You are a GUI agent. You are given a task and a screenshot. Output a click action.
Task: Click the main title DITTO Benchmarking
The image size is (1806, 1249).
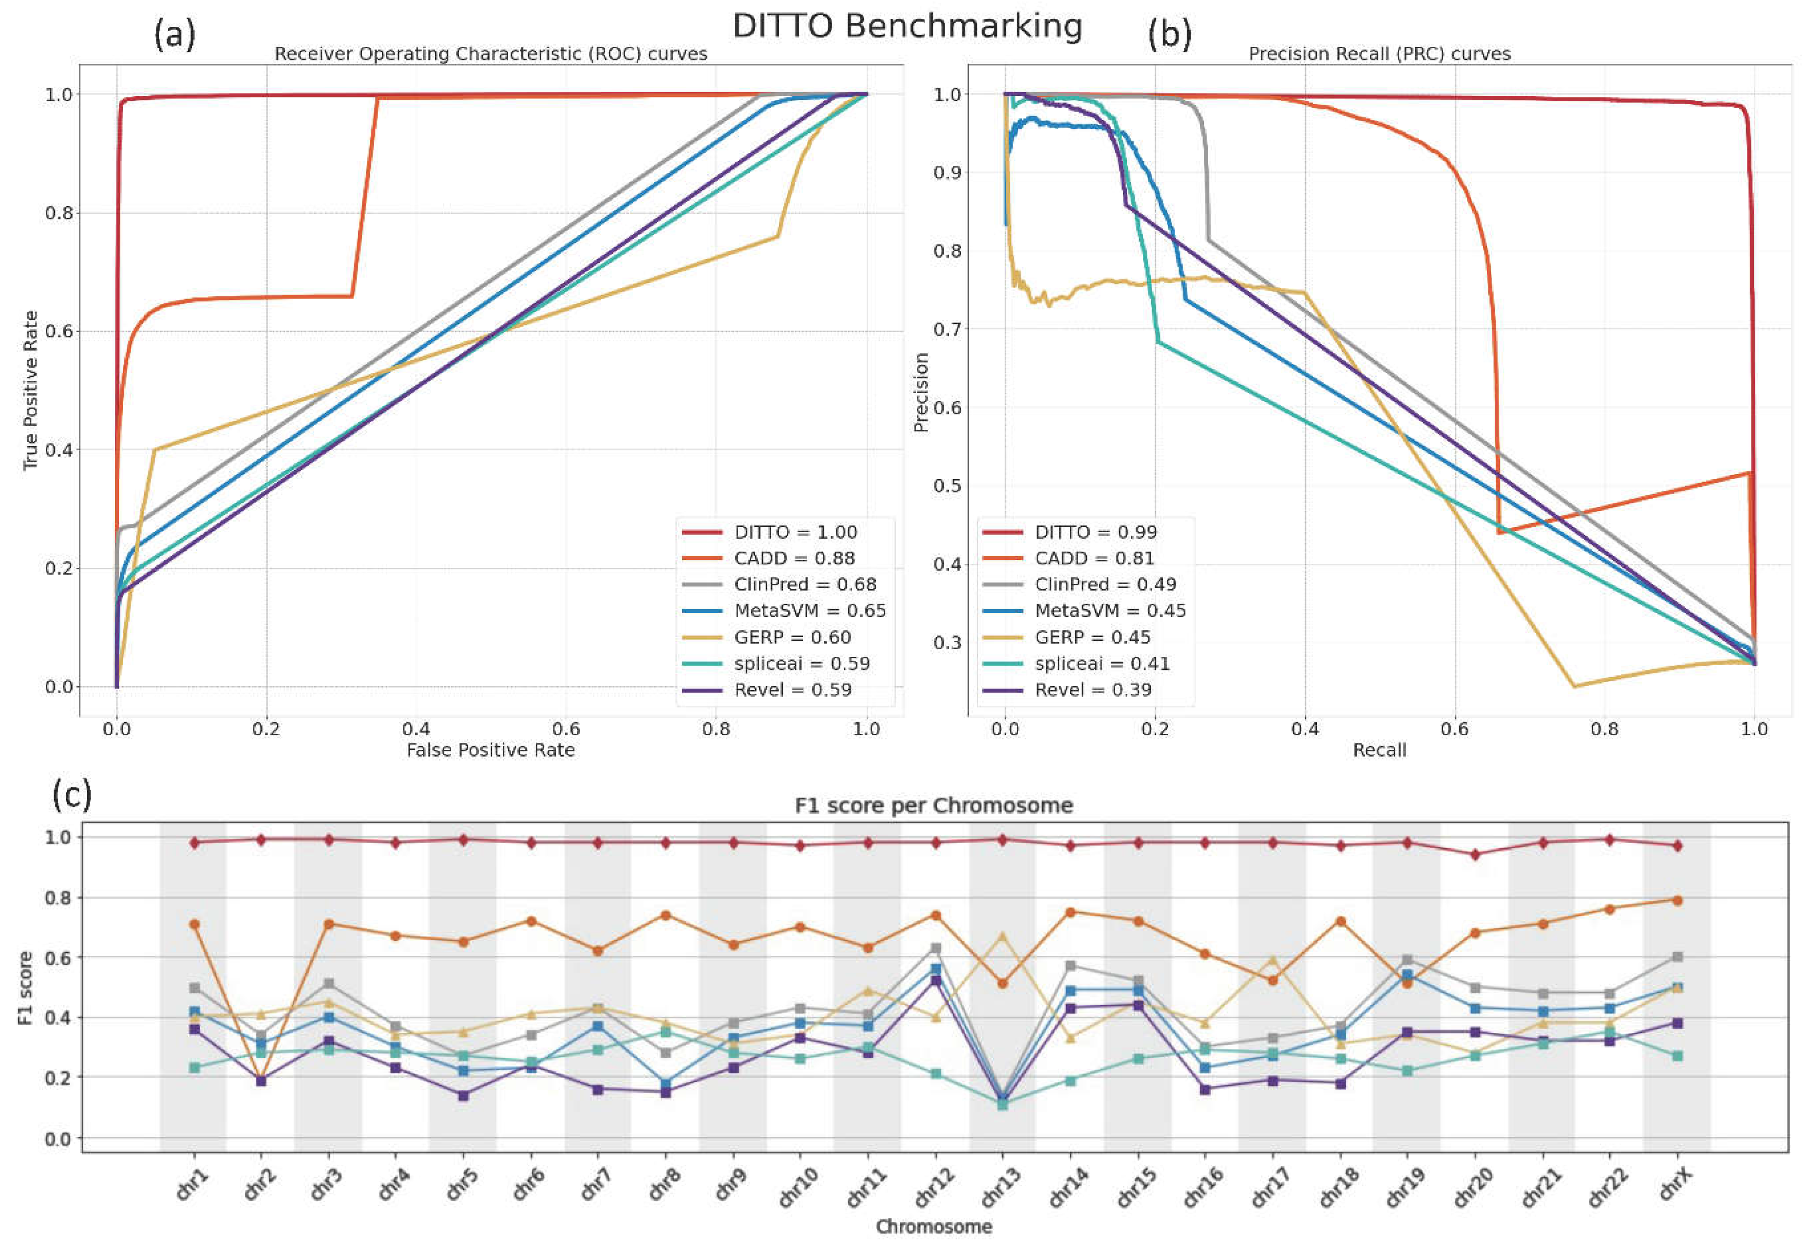(907, 26)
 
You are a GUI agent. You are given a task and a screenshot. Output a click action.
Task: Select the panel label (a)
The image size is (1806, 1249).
(174, 35)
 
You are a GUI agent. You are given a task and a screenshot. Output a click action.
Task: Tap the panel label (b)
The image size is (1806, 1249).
(1169, 35)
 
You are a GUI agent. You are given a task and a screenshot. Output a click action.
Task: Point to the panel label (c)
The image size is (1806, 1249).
(72, 795)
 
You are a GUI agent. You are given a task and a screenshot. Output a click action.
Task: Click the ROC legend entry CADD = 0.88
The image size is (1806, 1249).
(794, 558)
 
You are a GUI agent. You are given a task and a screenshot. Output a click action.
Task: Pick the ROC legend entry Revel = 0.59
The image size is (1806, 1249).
(792, 690)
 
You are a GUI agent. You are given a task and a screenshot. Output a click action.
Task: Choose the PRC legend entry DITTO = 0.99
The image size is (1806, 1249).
(1095, 532)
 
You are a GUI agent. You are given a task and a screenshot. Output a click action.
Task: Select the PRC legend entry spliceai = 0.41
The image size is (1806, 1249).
(1102, 664)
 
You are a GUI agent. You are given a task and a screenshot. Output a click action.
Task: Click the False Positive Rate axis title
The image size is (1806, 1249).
(491, 750)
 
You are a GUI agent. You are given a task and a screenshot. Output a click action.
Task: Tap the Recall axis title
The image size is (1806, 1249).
(1379, 750)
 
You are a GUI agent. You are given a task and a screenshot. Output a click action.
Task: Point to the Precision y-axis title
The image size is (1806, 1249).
(921, 391)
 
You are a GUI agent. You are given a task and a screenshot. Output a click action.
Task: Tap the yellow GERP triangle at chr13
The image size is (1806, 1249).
(1002, 936)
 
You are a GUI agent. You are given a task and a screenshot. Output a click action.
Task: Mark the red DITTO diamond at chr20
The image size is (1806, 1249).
(1475, 855)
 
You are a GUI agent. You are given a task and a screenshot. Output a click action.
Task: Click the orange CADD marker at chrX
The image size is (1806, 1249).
(1677, 900)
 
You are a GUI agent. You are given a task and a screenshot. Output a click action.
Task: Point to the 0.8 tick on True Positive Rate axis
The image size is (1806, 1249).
(59, 213)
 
